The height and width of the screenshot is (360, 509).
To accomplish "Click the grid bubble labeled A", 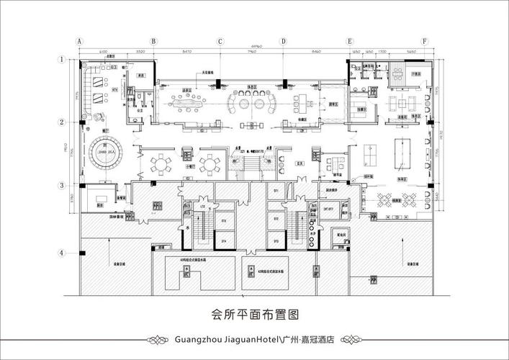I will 81,41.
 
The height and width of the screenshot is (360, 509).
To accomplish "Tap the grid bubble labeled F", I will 425,41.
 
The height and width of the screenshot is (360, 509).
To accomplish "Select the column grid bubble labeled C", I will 219,41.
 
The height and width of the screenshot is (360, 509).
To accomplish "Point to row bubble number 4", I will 63,253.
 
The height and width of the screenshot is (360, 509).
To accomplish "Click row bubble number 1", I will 63,60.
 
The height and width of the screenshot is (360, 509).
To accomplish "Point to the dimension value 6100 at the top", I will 104,53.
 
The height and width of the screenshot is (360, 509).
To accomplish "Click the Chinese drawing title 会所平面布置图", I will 254,314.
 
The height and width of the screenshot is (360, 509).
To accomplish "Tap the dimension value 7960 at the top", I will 252,53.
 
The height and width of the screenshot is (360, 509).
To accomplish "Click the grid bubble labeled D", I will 284,41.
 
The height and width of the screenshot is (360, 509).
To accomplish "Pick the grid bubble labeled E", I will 350,41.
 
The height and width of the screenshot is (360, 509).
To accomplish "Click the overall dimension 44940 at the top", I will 252,46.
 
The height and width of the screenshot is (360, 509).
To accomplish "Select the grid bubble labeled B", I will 153,41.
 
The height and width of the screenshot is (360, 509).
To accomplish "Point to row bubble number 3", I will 63,185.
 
